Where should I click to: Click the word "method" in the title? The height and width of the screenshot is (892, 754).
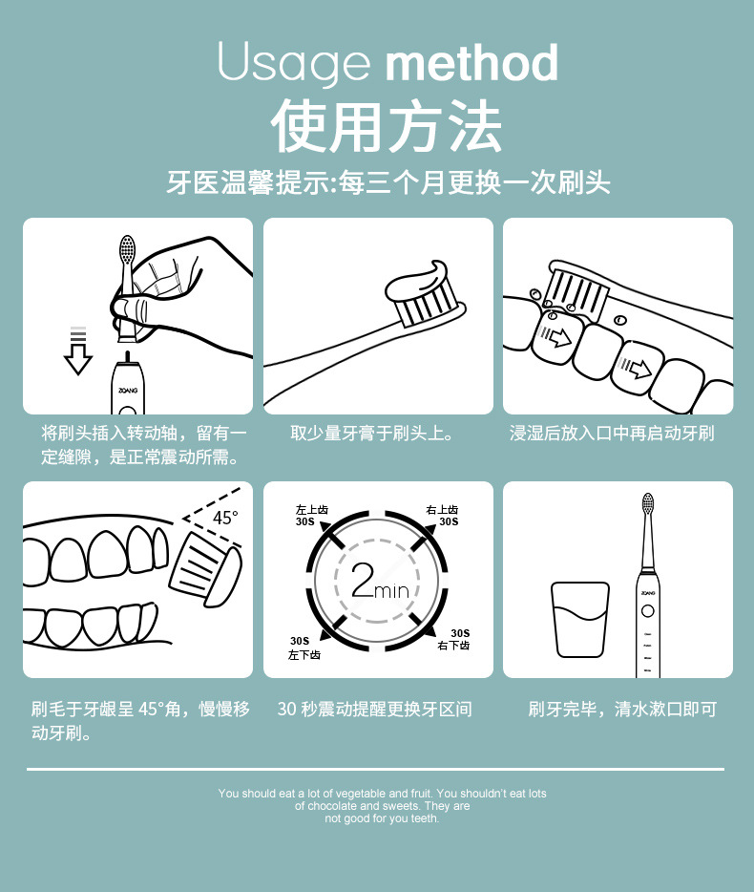(471, 63)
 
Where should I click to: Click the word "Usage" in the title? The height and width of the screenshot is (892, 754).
(294, 63)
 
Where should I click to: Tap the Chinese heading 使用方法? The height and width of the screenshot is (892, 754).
(386, 127)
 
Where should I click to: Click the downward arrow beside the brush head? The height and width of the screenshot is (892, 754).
(77, 351)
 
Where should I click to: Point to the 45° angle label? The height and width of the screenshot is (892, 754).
(225, 518)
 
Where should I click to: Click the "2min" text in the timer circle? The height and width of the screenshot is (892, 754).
(379, 582)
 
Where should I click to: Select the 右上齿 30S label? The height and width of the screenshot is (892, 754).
(444, 516)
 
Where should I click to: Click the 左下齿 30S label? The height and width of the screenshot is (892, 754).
(304, 648)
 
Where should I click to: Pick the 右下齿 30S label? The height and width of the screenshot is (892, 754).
(455, 640)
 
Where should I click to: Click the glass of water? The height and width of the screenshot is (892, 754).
(579, 620)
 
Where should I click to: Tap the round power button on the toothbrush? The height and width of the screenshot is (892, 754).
(647, 609)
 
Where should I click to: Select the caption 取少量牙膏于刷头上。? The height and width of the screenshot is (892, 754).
(378, 434)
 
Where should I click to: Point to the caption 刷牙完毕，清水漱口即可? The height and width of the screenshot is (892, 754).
(622, 709)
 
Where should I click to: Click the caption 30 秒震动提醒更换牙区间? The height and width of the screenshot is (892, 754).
(375, 709)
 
